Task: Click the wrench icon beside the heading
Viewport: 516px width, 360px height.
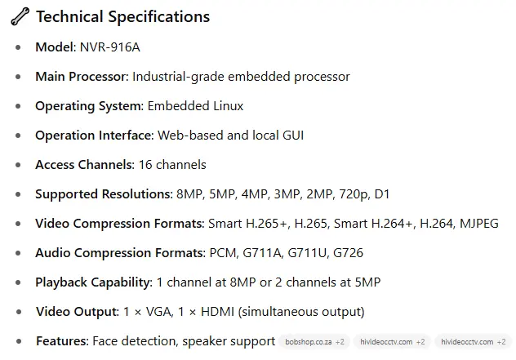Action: (20, 16)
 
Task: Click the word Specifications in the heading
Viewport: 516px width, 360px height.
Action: (159, 17)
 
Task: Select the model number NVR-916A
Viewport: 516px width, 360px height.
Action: (110, 47)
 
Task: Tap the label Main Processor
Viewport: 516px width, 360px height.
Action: (82, 77)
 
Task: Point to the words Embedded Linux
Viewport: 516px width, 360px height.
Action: (195, 106)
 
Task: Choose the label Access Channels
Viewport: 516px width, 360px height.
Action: (84, 165)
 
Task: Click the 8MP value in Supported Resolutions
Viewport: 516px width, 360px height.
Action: (189, 194)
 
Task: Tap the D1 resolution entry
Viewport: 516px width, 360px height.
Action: (382, 194)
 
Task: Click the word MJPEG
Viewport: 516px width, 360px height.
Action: (479, 224)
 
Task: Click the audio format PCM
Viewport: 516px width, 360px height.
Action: (223, 253)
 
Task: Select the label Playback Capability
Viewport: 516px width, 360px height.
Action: (93, 282)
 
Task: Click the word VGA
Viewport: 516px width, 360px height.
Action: (159, 312)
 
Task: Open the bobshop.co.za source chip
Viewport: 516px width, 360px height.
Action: (314, 342)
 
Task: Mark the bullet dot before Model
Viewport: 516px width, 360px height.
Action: (18, 47)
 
